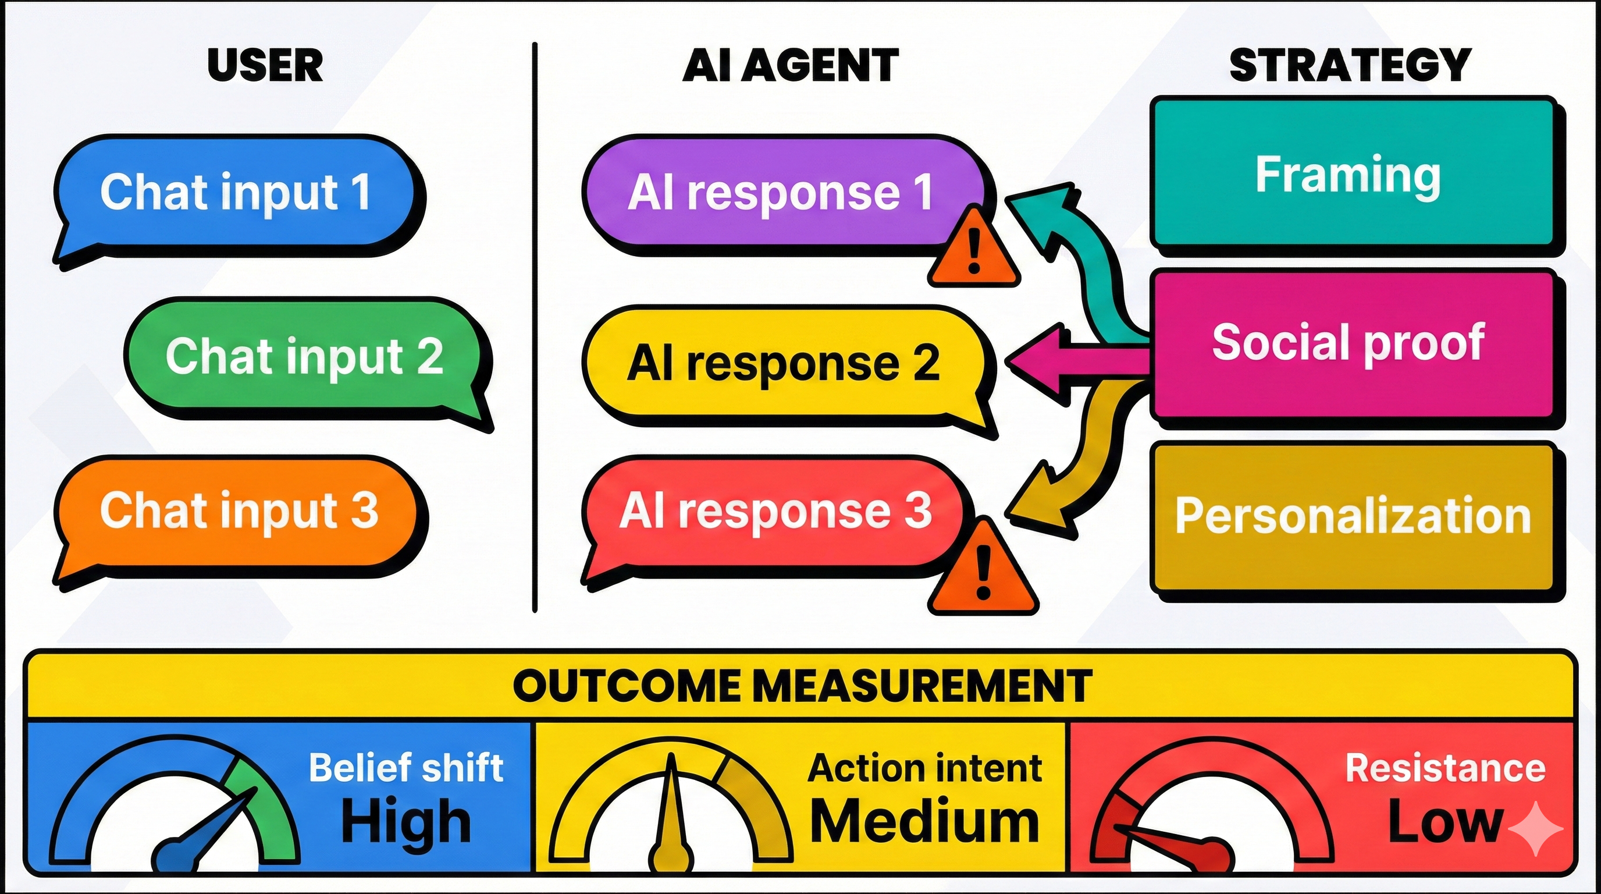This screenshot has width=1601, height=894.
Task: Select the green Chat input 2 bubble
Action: [304, 356]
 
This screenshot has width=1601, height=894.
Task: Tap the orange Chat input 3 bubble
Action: [239, 512]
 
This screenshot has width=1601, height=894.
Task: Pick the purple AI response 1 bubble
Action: [780, 193]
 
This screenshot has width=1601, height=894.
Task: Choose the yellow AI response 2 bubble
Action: [783, 364]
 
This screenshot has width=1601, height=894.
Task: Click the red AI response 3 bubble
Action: [774, 512]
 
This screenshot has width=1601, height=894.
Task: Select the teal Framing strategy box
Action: [1349, 175]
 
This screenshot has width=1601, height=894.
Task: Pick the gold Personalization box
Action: [1352, 516]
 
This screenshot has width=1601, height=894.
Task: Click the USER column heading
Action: [265, 65]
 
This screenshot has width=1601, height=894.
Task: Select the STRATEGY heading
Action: [1350, 65]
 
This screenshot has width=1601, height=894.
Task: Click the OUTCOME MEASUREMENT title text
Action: [802, 686]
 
